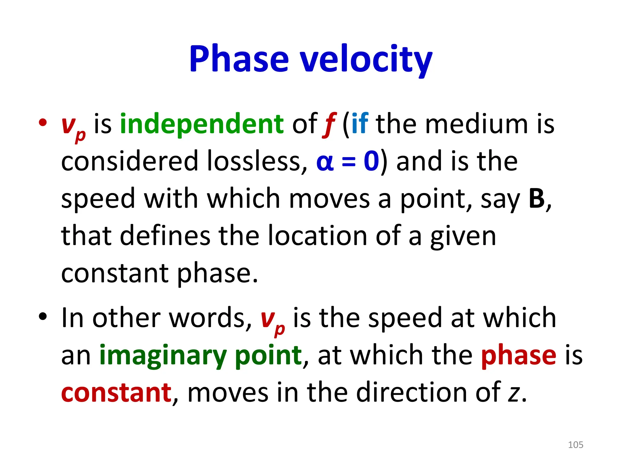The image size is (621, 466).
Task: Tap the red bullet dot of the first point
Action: [x=43, y=123]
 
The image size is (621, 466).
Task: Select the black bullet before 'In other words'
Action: [x=43, y=317]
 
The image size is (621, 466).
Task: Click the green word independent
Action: [x=202, y=124]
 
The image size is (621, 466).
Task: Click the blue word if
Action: [x=360, y=124]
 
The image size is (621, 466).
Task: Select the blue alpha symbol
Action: [x=325, y=162]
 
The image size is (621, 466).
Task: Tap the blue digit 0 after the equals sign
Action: [x=371, y=161]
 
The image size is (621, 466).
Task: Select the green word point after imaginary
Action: [x=268, y=356]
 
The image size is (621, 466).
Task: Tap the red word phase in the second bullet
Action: [x=519, y=356]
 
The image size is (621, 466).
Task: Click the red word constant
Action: [x=116, y=393]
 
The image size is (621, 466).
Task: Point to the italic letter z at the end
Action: [x=514, y=393]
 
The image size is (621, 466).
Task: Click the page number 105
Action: [x=575, y=445]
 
